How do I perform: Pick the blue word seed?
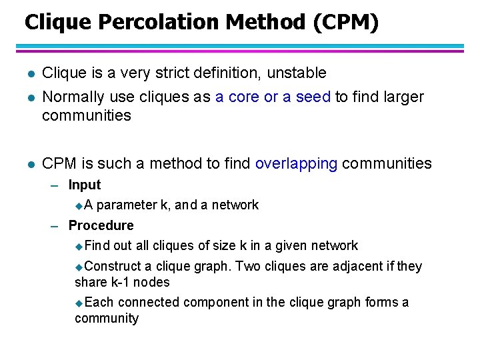(313, 97)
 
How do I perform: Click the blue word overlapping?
(296, 163)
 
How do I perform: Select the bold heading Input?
(85, 185)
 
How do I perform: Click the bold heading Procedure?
(101, 225)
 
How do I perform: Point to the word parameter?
(127, 205)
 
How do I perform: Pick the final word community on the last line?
(107, 318)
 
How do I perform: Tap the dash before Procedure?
(56, 226)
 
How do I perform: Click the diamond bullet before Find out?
(79, 247)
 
